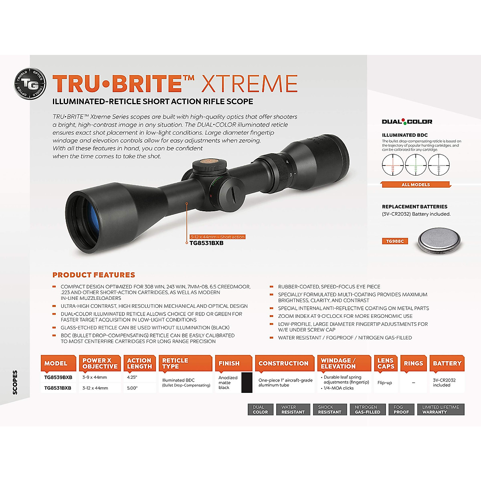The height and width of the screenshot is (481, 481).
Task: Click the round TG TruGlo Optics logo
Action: [x=30, y=84]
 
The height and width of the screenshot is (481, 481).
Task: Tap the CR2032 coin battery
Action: [x=440, y=241]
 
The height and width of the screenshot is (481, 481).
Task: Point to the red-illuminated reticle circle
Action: [x=393, y=165]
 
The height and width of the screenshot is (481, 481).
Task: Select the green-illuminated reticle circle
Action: [x=416, y=165]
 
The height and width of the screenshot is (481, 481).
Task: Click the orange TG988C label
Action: [x=395, y=241]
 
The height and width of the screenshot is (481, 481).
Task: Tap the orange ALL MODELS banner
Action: [x=416, y=184]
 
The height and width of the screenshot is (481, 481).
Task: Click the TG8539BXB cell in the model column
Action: [x=58, y=377]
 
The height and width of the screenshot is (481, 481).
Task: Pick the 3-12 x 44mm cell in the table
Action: [x=95, y=388]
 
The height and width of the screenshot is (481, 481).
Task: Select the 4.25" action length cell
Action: [x=132, y=377]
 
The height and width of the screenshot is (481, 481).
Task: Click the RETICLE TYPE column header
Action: [x=185, y=364]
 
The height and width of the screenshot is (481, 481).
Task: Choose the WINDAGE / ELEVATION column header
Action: [x=344, y=364]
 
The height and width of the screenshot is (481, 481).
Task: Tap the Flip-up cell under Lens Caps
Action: [x=385, y=382]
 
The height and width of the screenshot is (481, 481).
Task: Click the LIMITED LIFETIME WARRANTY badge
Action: [x=441, y=409]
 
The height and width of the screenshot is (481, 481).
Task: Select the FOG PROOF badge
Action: [x=401, y=409]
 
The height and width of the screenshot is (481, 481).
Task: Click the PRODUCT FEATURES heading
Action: [x=94, y=275]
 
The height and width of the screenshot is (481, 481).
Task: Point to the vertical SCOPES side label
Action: [x=15, y=382]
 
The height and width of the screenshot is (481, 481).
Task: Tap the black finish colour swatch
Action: [x=247, y=382]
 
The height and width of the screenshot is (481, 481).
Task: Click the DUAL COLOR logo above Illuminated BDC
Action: [x=407, y=121]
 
